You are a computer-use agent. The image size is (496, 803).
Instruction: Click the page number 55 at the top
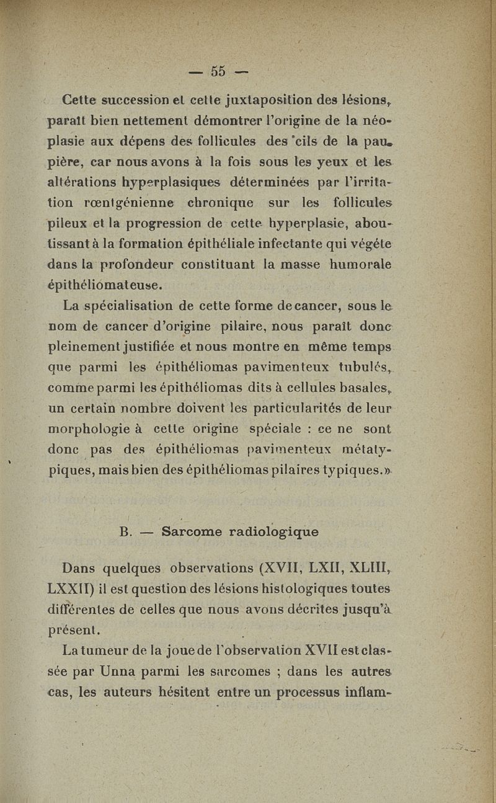click(x=218, y=71)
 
